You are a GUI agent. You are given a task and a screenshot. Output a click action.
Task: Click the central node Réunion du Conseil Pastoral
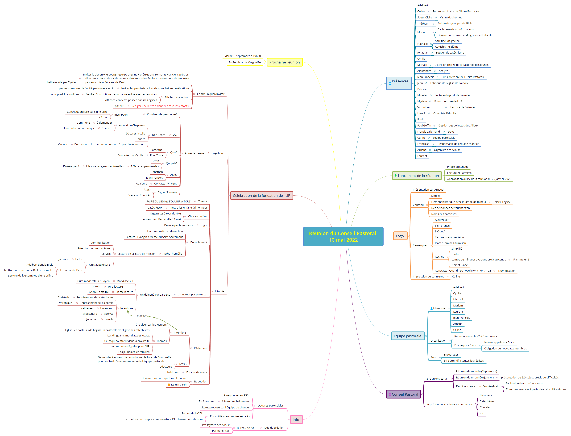point(343,236)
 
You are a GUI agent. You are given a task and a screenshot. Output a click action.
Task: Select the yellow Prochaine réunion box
point(284,62)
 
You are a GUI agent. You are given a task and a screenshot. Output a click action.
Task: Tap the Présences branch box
point(399,83)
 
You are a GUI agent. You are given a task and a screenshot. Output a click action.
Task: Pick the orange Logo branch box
point(400,236)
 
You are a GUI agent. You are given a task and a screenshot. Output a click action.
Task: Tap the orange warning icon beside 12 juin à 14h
point(169,385)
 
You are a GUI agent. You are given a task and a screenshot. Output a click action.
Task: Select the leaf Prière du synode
point(458,167)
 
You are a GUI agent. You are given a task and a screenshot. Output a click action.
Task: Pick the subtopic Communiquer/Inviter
point(210,94)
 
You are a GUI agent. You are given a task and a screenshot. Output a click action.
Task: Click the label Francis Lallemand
point(428,132)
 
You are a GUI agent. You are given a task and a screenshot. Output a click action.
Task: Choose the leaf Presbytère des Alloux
point(216,425)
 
